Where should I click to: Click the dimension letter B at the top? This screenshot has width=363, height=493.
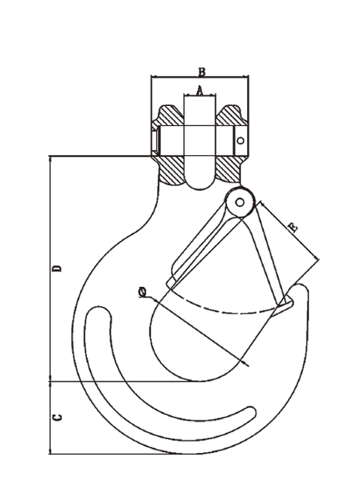click(x=202, y=72)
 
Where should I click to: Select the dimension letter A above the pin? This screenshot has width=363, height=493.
click(x=199, y=91)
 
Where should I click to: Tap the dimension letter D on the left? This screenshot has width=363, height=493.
click(x=57, y=269)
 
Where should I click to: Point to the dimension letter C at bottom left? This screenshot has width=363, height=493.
click(x=57, y=417)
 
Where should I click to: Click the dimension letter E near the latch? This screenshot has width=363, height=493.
click(x=293, y=227)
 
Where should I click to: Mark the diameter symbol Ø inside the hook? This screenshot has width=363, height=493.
click(x=143, y=293)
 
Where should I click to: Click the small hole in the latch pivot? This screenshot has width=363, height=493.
click(x=239, y=202)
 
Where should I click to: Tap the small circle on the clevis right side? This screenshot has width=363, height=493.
click(x=240, y=140)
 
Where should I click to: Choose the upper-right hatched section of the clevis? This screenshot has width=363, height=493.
click(x=231, y=116)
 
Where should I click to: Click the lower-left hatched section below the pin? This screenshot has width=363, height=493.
click(x=171, y=169)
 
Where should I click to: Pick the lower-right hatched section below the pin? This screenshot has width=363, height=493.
click(x=229, y=169)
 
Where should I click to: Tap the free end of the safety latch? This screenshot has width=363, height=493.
click(x=286, y=303)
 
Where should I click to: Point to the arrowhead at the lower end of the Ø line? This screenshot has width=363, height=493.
click(x=245, y=363)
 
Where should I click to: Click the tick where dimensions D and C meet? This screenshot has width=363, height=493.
click(x=50, y=381)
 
